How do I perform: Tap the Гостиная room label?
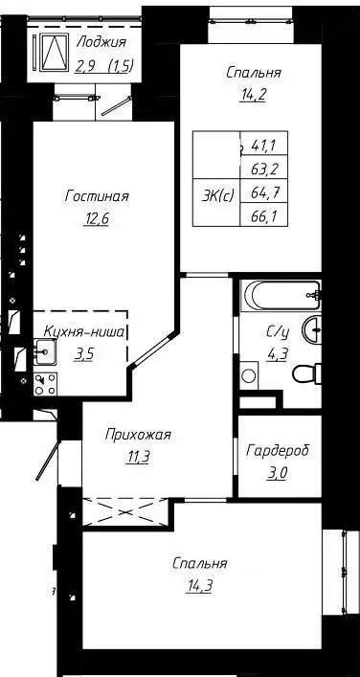97,196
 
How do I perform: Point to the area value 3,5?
85,352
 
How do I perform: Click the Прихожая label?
138,435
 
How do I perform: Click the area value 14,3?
200,582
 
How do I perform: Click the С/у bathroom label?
278,331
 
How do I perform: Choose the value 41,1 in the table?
260,147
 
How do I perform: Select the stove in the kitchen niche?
46,384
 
